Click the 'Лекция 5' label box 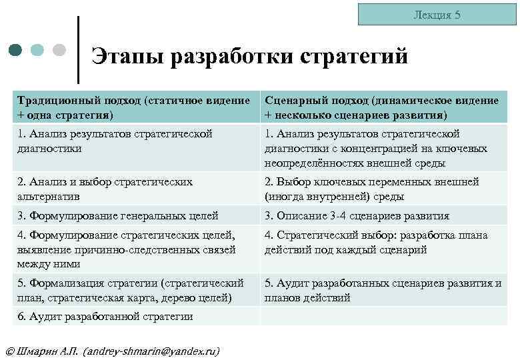tap(437, 15)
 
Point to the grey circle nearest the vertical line tap(59, 50)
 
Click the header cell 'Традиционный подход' tap(136, 106)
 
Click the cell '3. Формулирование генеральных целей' tap(136, 216)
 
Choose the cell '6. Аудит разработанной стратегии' tap(136, 316)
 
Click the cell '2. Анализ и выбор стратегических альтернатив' tap(136, 189)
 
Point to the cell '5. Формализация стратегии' tap(136, 290)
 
